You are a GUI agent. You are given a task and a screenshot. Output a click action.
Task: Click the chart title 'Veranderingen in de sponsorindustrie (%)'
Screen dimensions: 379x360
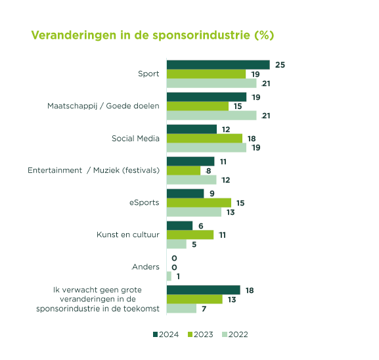[x=152, y=35]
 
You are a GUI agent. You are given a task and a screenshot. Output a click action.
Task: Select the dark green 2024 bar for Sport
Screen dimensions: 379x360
[x=218, y=65]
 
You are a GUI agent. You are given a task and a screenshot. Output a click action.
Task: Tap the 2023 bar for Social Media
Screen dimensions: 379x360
[x=204, y=139]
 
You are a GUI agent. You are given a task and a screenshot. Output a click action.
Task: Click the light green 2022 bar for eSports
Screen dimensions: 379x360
[x=194, y=212]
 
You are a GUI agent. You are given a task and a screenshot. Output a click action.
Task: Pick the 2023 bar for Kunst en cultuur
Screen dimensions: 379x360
[x=190, y=235]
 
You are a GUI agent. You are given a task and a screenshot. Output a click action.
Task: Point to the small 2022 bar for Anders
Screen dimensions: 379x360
[x=169, y=276]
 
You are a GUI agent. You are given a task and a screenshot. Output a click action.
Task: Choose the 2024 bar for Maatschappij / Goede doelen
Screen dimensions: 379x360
[x=206, y=97]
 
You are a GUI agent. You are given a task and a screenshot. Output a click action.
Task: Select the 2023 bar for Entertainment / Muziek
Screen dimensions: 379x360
[x=183, y=170]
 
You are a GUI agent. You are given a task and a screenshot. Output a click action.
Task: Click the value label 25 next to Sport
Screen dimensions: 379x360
[x=280, y=65]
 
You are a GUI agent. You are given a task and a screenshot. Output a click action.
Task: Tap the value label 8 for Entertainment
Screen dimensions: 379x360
[x=209, y=171]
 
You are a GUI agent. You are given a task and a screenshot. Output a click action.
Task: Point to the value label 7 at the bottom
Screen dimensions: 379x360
[x=204, y=309]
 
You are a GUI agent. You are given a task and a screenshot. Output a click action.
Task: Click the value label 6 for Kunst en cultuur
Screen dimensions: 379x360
[x=200, y=226]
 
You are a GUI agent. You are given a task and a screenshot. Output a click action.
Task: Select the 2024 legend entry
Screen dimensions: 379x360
[x=166, y=334]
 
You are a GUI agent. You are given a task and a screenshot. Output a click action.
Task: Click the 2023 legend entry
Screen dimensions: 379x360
[x=200, y=334]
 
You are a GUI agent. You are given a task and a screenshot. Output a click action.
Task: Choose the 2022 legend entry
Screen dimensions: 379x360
[x=235, y=334]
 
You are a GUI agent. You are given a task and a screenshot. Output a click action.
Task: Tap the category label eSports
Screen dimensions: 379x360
[x=145, y=202]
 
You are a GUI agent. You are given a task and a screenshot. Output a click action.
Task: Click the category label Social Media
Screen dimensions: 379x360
[x=135, y=139]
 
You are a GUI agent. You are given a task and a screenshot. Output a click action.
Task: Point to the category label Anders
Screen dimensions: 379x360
[x=146, y=267]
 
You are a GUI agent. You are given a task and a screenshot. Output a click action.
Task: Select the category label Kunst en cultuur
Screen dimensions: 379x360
[x=128, y=235]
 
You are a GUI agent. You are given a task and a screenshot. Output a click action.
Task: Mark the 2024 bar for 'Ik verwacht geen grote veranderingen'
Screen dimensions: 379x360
[x=204, y=290]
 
